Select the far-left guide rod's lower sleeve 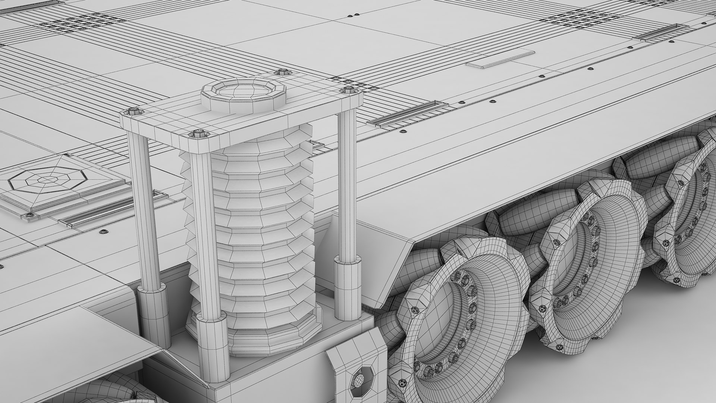(x=154, y=313)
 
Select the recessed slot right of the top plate (x=407, y=114)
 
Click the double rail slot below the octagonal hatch (x=112, y=211)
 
